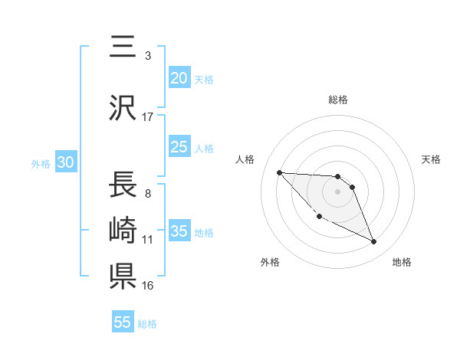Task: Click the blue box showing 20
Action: (x=179, y=78)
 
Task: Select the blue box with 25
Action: (x=179, y=148)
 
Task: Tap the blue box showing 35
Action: (x=179, y=232)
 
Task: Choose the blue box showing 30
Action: (x=65, y=163)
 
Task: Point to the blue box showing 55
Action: (x=123, y=322)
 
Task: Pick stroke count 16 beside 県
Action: (x=148, y=286)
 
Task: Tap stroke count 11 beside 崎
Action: (x=148, y=240)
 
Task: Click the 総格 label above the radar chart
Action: (x=338, y=100)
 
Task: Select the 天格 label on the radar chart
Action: (x=432, y=159)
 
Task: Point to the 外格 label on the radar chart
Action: (x=270, y=263)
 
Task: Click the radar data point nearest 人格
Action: (x=279, y=172)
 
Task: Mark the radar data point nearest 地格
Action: (x=374, y=242)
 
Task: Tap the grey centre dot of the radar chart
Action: (x=338, y=191)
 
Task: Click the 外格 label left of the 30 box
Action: (x=41, y=164)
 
